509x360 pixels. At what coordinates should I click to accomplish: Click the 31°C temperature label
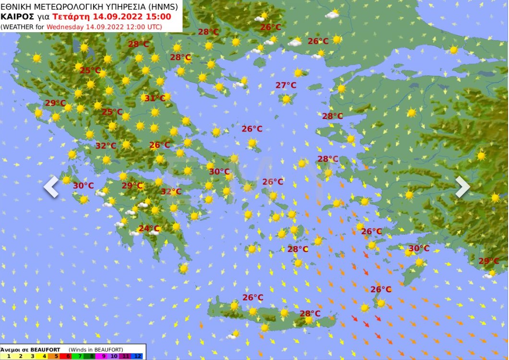155,98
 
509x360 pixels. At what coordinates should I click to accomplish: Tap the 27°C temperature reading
286,85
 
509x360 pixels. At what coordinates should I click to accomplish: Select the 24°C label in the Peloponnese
149,228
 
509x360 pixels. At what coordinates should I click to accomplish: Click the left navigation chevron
51,187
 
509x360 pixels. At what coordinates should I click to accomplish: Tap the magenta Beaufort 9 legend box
103,356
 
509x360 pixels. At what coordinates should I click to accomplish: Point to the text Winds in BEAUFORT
96,349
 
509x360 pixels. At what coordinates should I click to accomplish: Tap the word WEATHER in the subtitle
19,26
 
